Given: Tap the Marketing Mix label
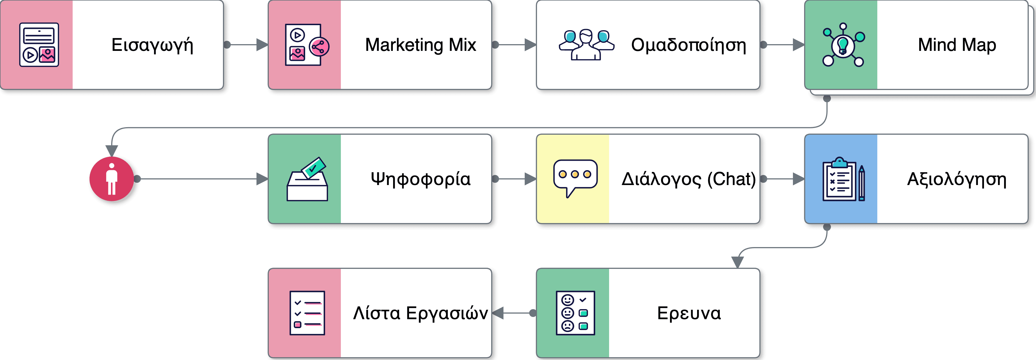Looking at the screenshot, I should click(x=420, y=45).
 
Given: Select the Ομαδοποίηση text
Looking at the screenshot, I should click(x=688, y=45).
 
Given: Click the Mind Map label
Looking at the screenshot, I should click(x=957, y=45).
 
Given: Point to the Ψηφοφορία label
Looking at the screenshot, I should click(x=420, y=179).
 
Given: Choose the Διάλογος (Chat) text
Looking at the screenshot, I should click(x=688, y=179).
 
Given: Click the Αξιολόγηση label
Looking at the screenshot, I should click(x=957, y=179).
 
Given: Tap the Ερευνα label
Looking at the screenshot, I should click(x=688, y=313).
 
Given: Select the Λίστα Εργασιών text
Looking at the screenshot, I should click(x=420, y=313).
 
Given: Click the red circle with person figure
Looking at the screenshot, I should click(x=112, y=179).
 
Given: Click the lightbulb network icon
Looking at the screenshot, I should click(x=843, y=45).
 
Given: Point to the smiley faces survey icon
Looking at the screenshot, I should click(x=575, y=313).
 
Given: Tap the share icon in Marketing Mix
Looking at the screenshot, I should click(x=319, y=47).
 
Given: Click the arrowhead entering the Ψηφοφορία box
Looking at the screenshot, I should click(x=262, y=179).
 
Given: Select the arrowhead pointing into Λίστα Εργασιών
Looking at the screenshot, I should click(x=498, y=313).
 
